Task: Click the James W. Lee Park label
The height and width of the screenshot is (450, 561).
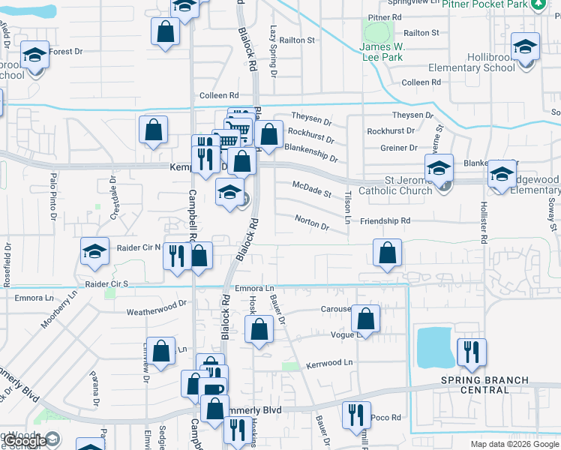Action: [381, 52]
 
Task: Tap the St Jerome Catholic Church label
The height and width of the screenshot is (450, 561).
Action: [409, 185]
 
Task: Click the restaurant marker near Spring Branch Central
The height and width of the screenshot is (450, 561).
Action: [472, 352]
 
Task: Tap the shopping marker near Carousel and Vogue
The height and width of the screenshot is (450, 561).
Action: [365, 319]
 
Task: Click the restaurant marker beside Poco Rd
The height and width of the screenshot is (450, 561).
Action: [356, 415]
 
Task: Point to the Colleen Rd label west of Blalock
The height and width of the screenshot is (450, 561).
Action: [218, 96]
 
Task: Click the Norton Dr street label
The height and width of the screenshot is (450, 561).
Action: [312, 223]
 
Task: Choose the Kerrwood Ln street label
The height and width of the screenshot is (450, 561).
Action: [328, 364]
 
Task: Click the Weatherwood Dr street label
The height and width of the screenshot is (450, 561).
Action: [156, 307]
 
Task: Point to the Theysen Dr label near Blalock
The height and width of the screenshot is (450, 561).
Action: [311, 119]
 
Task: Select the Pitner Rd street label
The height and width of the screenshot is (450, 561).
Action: [385, 16]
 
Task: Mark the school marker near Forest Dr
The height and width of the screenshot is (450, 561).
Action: [34, 56]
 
